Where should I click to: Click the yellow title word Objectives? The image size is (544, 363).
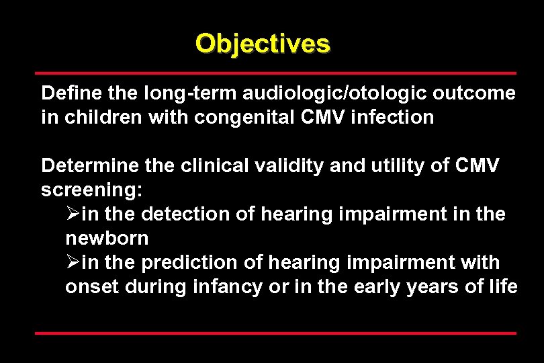pos(263,44)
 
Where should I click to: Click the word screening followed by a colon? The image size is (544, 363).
pos(91,190)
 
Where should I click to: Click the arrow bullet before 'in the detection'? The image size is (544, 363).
pos(73,214)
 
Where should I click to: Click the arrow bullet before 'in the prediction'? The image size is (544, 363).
pos(73,262)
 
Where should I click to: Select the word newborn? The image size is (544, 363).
pos(107,238)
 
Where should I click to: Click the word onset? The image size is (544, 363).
pos(89,286)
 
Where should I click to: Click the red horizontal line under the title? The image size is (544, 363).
pos(275,73)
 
